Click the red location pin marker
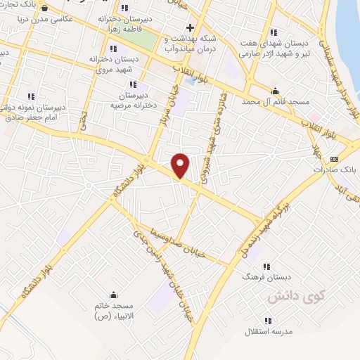[x=181, y=166]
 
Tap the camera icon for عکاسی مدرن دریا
[x=46, y=8]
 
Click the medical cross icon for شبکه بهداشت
[x=190, y=27]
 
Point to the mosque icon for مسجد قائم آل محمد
[x=274, y=91]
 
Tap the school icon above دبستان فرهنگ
[x=266, y=266]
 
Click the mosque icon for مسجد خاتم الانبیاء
[x=112, y=295]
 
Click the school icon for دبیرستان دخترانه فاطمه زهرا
[x=124, y=8]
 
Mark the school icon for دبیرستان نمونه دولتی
[x=31, y=96]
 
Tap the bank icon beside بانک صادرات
[x=333, y=158]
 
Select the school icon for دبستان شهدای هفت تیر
[x=273, y=32]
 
